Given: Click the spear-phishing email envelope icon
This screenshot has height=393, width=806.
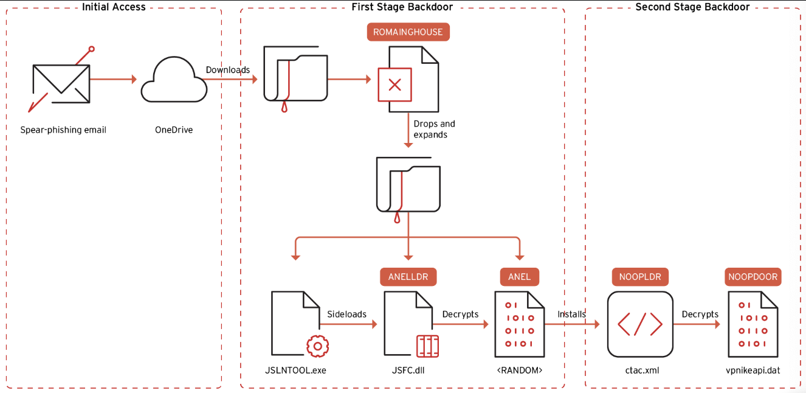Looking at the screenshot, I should coord(61,84).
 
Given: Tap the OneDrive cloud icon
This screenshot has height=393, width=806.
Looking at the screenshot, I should coord(174,80).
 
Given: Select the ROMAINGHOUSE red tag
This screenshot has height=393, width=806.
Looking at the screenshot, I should coord(408,32).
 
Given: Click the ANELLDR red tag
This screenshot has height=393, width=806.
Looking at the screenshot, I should coord(408,277).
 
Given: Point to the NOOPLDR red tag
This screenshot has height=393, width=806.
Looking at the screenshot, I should coord(640,277).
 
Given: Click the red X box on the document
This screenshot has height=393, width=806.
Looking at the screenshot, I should coord(395,85).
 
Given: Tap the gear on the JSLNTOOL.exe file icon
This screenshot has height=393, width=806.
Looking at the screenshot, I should coord(317,347).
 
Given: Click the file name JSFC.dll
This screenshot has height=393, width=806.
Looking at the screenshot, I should coord(408,370).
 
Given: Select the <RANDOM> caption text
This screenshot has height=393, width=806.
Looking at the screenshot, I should coord(520,370).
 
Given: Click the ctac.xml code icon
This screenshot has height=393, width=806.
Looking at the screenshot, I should coord(640,324).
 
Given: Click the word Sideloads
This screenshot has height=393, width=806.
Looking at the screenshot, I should coord(347,314).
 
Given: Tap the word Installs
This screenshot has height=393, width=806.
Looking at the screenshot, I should coord(572,314).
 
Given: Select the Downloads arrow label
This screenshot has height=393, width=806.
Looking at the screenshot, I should coord(228,70).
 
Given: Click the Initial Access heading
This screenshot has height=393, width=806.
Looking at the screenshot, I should coord(114,7).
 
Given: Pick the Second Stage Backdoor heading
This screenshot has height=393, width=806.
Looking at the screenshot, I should coord(692,7).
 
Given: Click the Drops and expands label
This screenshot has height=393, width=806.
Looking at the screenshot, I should coord(434,129).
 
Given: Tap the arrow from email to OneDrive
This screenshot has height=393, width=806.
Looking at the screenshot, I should coord(113,79).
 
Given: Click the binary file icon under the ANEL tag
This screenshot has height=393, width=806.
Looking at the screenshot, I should coord(519,324).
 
